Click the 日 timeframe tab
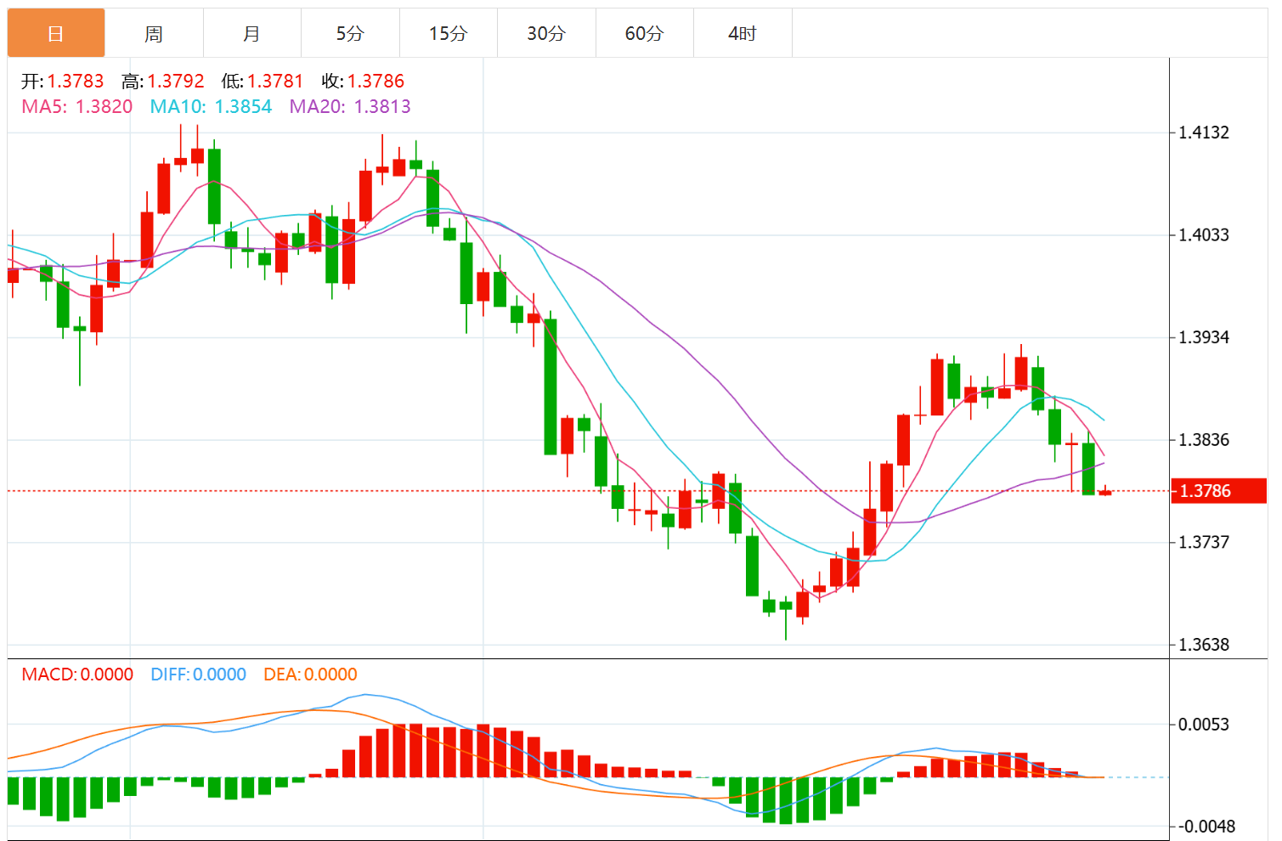(56, 34)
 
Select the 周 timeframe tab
(154, 34)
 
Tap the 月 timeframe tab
(251, 34)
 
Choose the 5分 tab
(350, 34)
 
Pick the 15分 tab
(448, 34)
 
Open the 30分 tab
(546, 34)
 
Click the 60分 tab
(644, 34)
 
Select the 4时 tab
(743, 34)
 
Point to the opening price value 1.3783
(76, 82)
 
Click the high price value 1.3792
(176, 82)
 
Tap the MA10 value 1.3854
(243, 107)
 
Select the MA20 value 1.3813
(382, 107)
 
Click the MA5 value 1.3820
(104, 107)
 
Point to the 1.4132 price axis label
(1204, 133)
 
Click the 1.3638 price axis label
(1204, 645)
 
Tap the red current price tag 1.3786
(1217, 491)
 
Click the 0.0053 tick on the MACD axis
(1204, 725)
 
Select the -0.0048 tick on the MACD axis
(1204, 827)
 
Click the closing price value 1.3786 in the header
(376, 82)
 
